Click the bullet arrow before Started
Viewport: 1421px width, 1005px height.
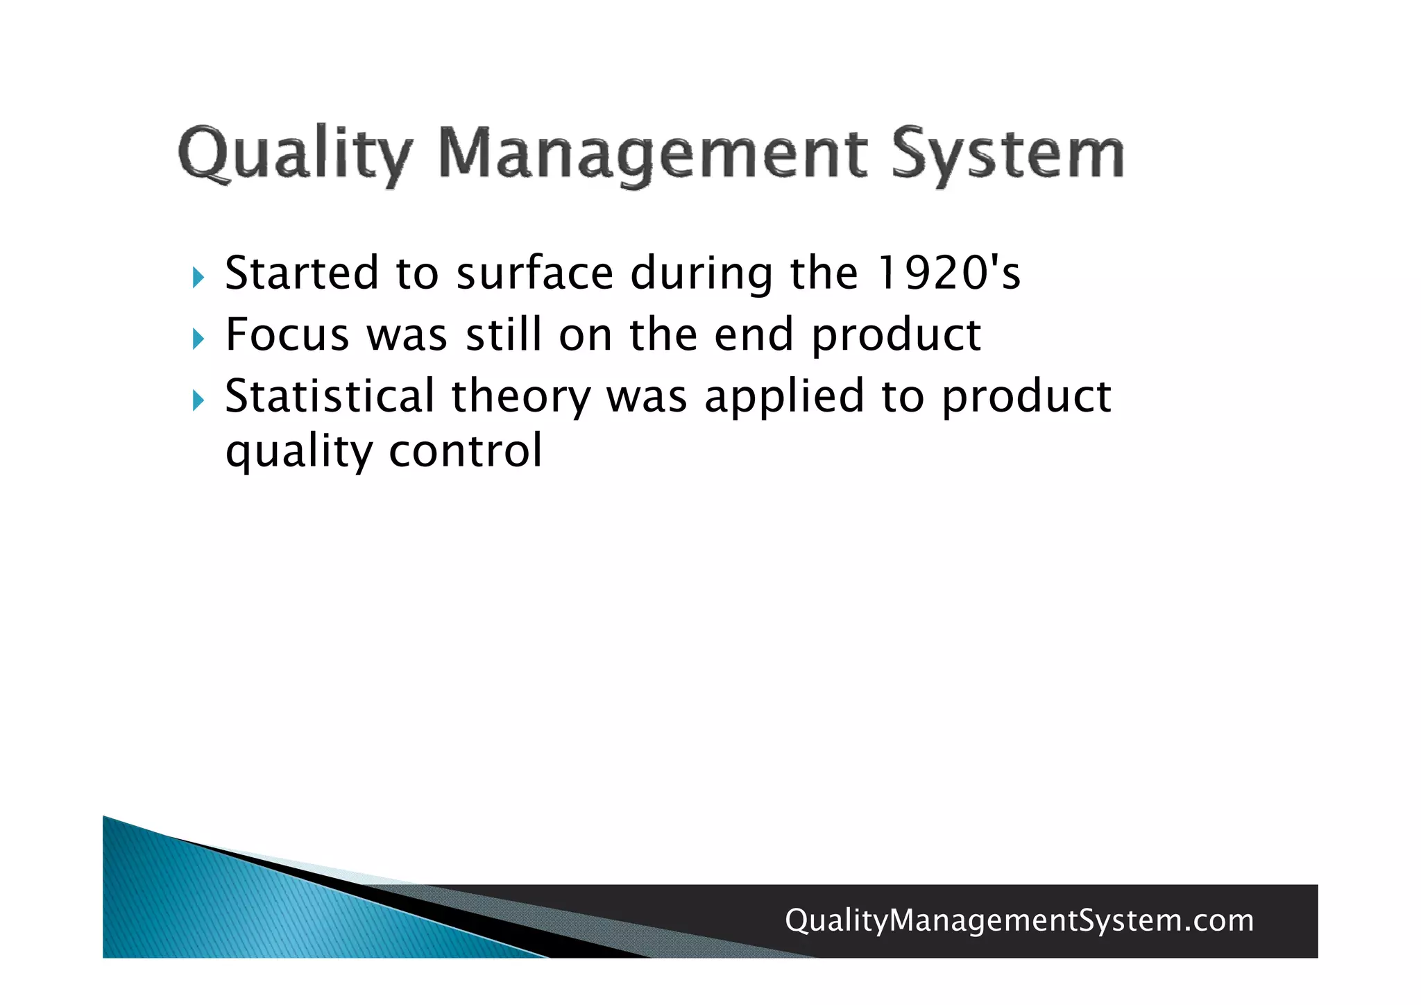[198, 278]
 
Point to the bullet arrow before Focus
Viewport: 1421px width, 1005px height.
[198, 339]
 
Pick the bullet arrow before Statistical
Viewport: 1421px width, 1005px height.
[198, 400]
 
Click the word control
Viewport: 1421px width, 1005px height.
[466, 451]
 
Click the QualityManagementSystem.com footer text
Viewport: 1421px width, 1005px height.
[1019, 921]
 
